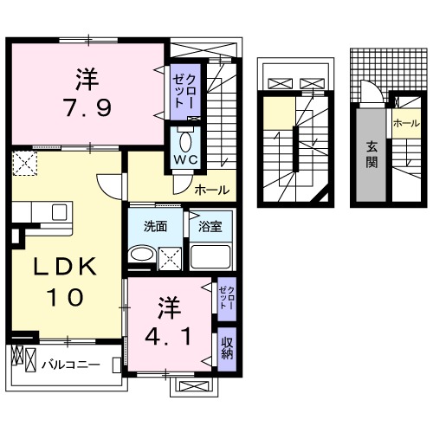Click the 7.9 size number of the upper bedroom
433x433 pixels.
(86, 110)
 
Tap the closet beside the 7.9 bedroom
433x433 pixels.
(182, 89)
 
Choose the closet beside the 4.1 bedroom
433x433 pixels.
(226, 299)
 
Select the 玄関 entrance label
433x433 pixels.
(371, 156)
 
